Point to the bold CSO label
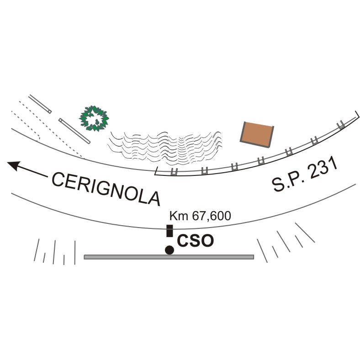[x=195, y=241]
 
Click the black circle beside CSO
[x=169, y=249]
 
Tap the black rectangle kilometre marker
[x=169, y=231]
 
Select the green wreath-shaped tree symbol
[x=94, y=118]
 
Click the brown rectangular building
[x=257, y=134]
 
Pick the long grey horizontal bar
[x=169, y=257]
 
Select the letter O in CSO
[x=207, y=241]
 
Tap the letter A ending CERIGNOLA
[x=154, y=197]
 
